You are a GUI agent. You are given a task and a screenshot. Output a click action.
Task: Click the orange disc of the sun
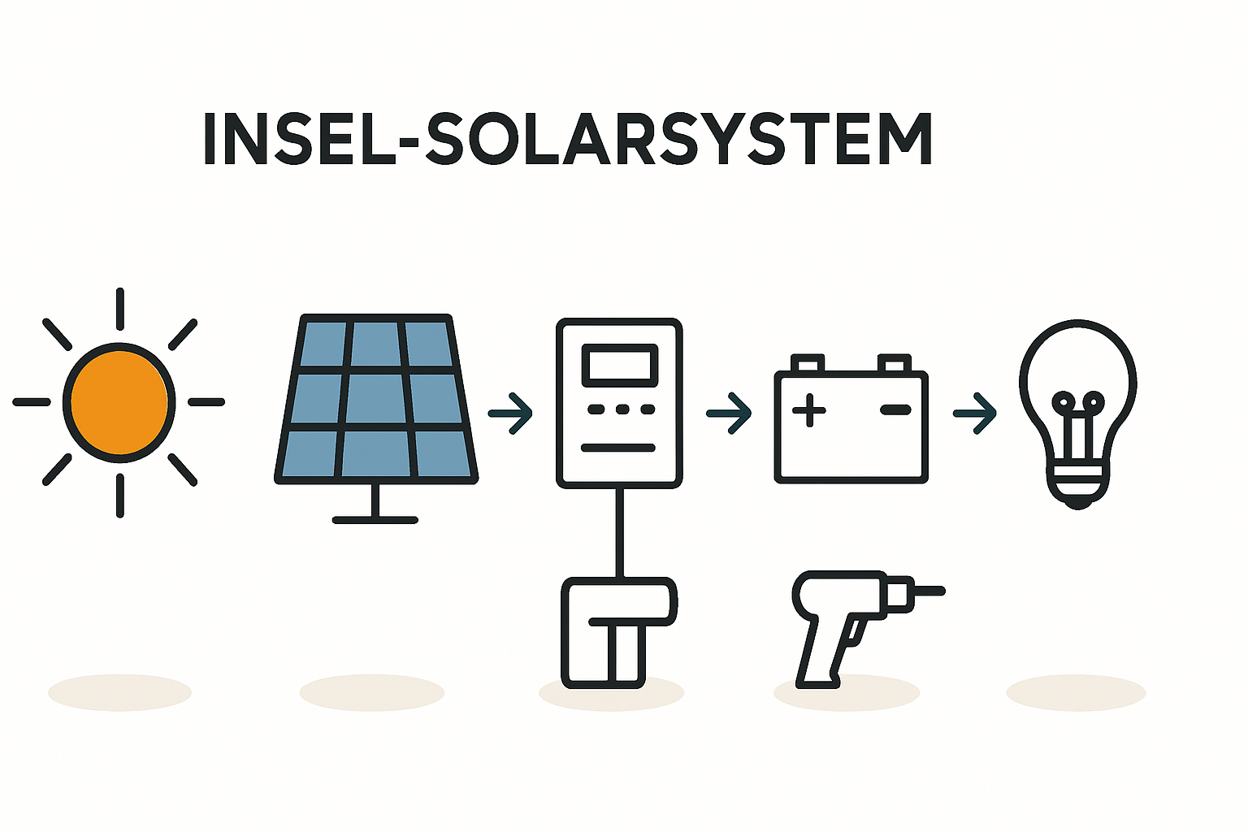[119, 402]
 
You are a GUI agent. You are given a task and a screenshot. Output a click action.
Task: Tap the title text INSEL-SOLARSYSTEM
[566, 140]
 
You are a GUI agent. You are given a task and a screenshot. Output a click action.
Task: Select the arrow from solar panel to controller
[511, 414]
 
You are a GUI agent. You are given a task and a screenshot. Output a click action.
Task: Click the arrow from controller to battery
[729, 414]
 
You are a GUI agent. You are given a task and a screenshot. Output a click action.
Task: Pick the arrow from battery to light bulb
[974, 414]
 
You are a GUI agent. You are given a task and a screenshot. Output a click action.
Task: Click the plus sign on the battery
[808, 410]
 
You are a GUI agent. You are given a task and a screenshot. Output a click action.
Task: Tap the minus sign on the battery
[895, 410]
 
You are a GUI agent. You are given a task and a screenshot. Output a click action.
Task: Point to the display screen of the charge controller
[619, 364]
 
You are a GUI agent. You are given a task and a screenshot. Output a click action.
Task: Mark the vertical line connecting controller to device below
[620, 532]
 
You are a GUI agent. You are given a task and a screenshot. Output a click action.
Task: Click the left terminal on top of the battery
[808, 363]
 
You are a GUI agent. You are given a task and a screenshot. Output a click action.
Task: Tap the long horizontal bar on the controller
[619, 448]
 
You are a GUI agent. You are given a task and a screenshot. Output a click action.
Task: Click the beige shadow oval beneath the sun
[119, 692]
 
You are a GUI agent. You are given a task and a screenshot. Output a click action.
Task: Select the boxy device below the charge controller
[617, 632]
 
